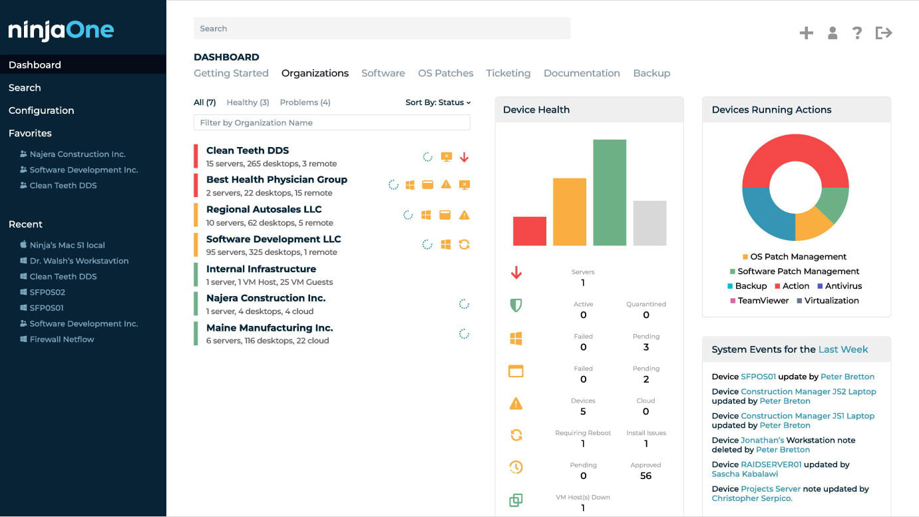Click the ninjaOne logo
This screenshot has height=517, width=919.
coord(61,31)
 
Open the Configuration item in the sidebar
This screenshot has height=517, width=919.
coord(41,110)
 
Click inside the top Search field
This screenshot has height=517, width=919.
coord(381,29)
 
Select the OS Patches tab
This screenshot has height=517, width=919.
coord(445,73)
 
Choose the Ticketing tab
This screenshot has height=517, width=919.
coord(508,73)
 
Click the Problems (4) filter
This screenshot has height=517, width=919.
coord(305,102)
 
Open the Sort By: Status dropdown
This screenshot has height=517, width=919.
coord(438,102)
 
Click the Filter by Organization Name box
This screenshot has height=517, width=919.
coord(331,123)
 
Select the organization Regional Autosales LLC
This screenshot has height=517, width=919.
coord(264,210)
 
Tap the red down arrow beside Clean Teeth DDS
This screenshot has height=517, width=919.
coord(464,158)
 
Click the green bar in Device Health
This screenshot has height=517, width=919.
coord(610,193)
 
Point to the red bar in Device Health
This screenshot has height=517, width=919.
coord(529,232)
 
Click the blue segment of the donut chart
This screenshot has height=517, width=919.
coord(765,213)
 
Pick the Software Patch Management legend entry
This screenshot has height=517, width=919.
coord(798,271)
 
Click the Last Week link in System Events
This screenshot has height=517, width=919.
coord(843,349)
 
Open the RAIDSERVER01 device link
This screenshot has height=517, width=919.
coord(771,464)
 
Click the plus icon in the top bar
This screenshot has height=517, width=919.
coord(806,33)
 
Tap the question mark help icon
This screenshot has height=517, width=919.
coord(857,33)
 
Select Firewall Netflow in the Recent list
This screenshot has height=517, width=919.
coord(62,339)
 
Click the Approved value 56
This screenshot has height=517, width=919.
coord(645,476)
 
